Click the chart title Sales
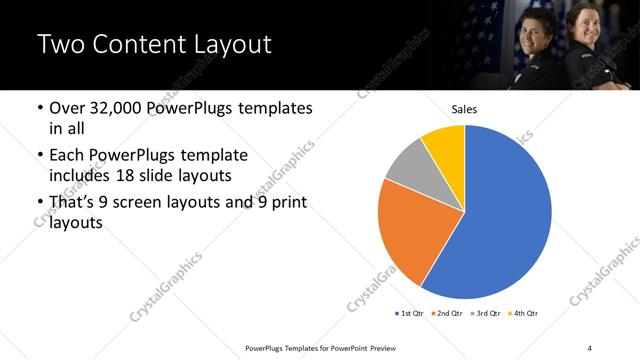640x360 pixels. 465,109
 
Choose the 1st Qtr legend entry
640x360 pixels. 409,314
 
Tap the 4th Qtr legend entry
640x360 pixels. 525,314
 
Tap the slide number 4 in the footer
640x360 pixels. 590,347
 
